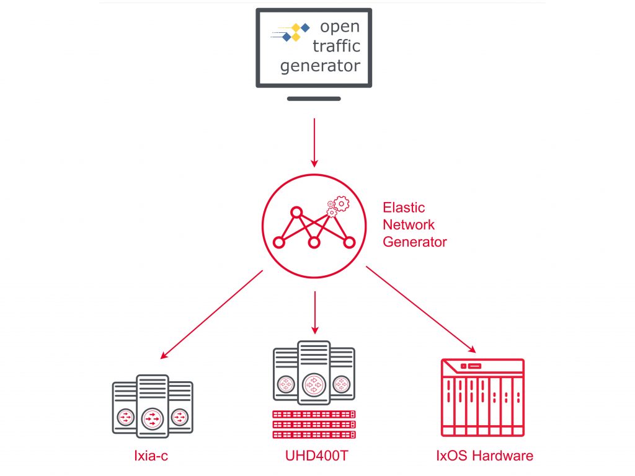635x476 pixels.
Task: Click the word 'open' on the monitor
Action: (x=339, y=27)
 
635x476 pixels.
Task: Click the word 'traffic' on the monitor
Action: (x=335, y=46)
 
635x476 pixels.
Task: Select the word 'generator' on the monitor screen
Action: (x=320, y=66)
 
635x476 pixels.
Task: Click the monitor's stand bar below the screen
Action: (x=314, y=98)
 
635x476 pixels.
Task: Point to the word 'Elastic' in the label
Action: (x=404, y=207)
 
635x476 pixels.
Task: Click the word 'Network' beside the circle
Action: (x=409, y=224)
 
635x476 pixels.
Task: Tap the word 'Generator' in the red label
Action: (x=414, y=242)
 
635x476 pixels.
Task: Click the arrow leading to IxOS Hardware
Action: (x=421, y=309)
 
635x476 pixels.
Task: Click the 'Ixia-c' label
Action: (x=151, y=457)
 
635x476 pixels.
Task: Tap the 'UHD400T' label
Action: (x=316, y=457)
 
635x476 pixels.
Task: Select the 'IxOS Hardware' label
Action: (x=484, y=457)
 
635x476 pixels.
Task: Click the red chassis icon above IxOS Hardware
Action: (x=482, y=397)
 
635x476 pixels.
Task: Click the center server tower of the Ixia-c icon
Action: (x=152, y=406)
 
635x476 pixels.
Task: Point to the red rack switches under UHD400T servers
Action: (x=314, y=425)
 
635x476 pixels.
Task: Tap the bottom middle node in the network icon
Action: (x=314, y=242)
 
